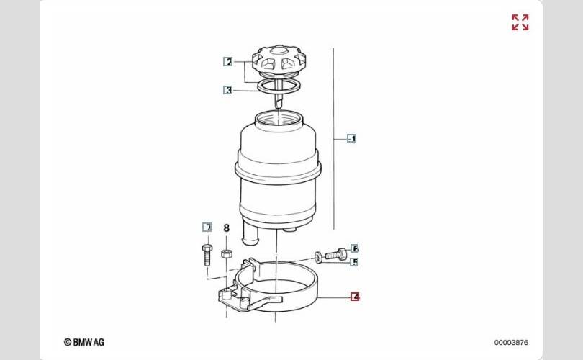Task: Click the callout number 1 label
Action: [x=352, y=139]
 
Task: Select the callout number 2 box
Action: [x=228, y=62]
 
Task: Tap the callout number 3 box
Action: [x=228, y=90]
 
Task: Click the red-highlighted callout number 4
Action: [x=356, y=297]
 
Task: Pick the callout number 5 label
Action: [x=355, y=262]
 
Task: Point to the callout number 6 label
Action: [x=355, y=248]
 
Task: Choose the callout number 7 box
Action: [x=207, y=228]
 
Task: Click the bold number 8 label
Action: [x=227, y=228]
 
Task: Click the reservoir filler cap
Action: [x=279, y=60]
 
